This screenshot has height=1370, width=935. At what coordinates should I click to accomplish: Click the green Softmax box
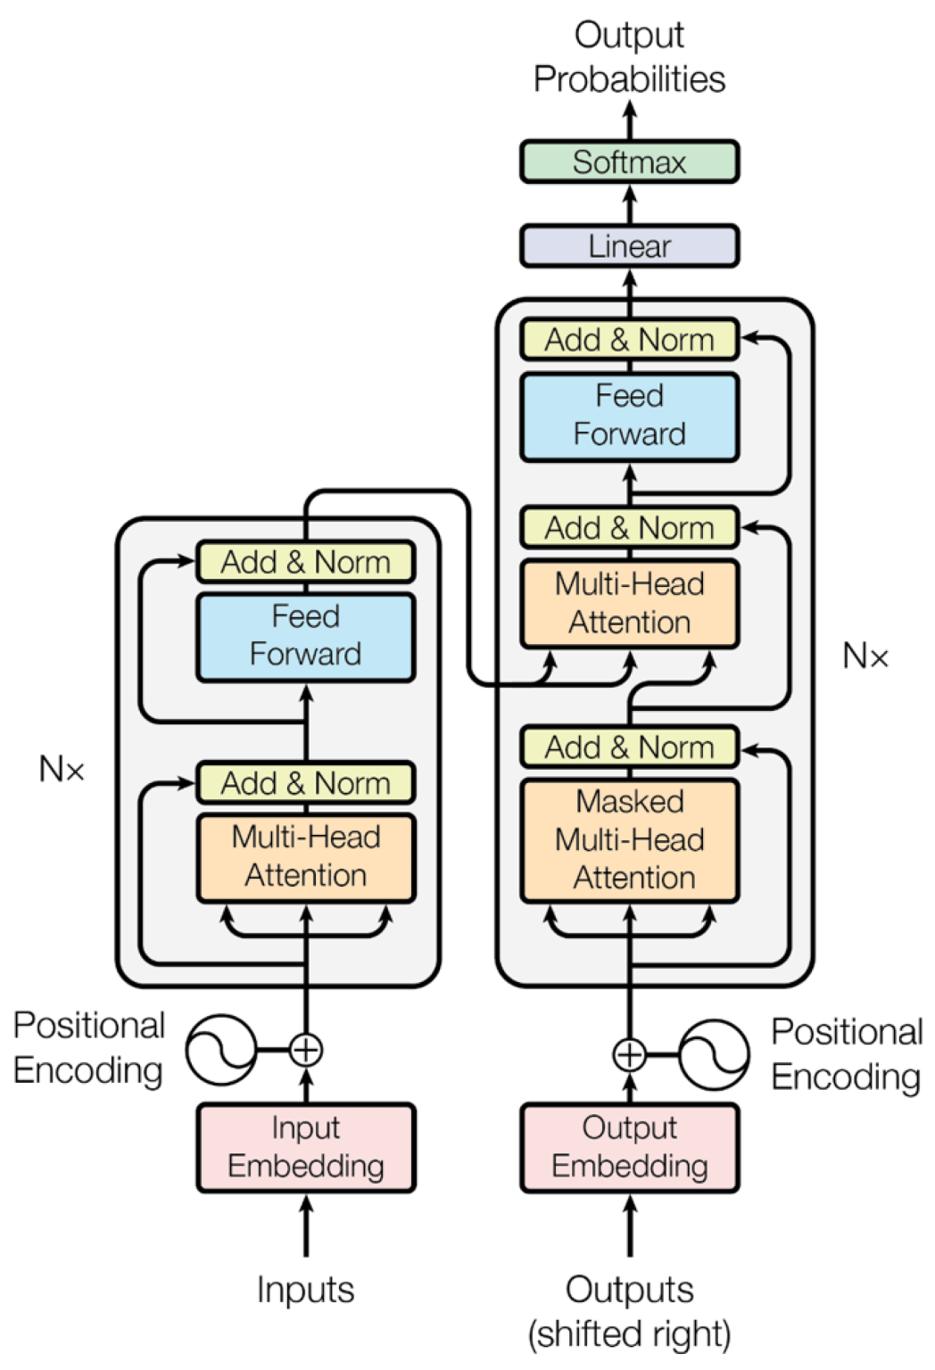(x=629, y=162)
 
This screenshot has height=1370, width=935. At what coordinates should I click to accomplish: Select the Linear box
(x=629, y=246)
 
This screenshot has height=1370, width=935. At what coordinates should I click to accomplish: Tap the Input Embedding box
(x=306, y=1147)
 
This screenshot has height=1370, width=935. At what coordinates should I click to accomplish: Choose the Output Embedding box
(x=629, y=1147)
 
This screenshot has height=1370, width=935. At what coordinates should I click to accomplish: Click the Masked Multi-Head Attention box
(x=629, y=840)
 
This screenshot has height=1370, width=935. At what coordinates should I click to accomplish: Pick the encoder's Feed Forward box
(x=306, y=636)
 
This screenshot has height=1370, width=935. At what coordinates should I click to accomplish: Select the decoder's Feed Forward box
(x=629, y=416)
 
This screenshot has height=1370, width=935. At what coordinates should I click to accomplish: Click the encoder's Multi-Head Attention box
(x=306, y=857)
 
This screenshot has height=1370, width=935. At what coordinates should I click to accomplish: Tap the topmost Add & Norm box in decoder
(x=629, y=340)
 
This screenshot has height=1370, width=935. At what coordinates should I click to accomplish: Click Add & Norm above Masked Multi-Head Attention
(x=629, y=747)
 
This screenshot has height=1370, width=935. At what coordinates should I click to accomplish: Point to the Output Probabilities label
(x=629, y=57)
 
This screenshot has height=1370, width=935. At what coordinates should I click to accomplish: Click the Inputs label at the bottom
(x=306, y=1290)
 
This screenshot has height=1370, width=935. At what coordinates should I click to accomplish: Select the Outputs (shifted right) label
(x=629, y=1311)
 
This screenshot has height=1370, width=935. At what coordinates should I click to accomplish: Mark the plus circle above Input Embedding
(x=306, y=1050)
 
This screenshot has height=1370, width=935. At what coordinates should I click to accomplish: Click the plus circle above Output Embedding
(x=629, y=1054)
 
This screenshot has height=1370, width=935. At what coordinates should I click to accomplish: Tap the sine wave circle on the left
(x=221, y=1050)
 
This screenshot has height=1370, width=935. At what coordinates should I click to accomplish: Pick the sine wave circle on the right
(x=714, y=1054)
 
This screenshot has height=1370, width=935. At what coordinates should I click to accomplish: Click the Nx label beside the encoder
(x=62, y=769)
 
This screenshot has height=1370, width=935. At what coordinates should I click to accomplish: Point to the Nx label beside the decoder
(x=865, y=656)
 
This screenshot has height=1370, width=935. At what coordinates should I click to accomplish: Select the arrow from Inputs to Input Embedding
(x=306, y=1226)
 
